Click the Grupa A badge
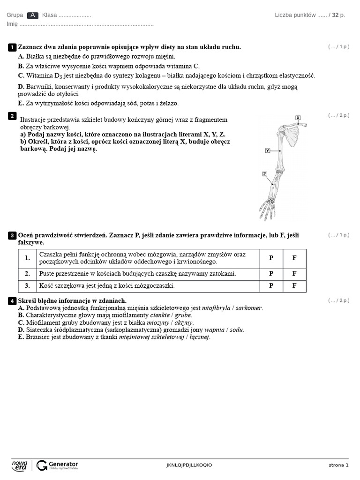[x=33, y=15]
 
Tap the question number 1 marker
[x=12, y=47]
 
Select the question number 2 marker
[x=12, y=116]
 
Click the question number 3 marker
[x=12, y=235]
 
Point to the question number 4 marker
[x=12, y=301]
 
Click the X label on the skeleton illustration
[x=298, y=118]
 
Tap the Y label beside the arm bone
[x=268, y=150]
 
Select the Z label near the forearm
[x=264, y=174]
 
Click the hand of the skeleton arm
[x=267, y=209]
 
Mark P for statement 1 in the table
[x=271, y=258]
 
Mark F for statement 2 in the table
[x=294, y=273]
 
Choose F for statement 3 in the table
[x=294, y=285]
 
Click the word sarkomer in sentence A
[x=248, y=308]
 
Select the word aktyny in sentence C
[x=184, y=322]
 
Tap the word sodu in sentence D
[x=237, y=330]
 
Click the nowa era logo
[x=20, y=465]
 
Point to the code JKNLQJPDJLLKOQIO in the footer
[x=189, y=465]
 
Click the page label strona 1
[x=338, y=465]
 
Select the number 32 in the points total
[x=335, y=15]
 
